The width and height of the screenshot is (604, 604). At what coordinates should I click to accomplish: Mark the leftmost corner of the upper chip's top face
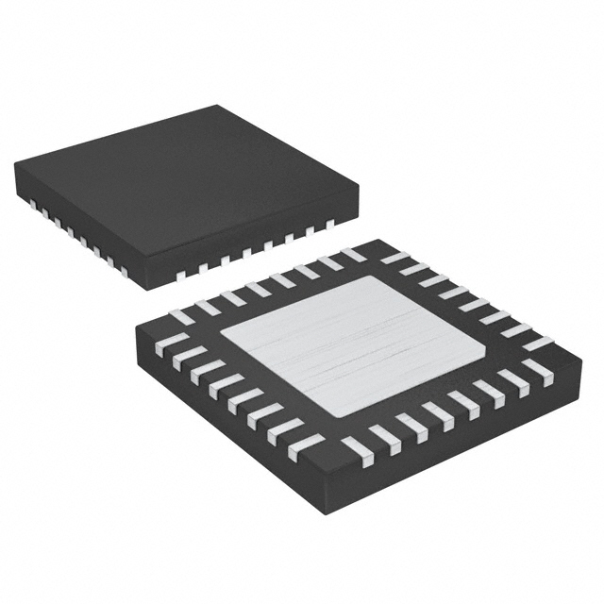pos(16,165)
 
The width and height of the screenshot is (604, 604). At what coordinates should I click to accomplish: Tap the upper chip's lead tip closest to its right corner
pos(329,224)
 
